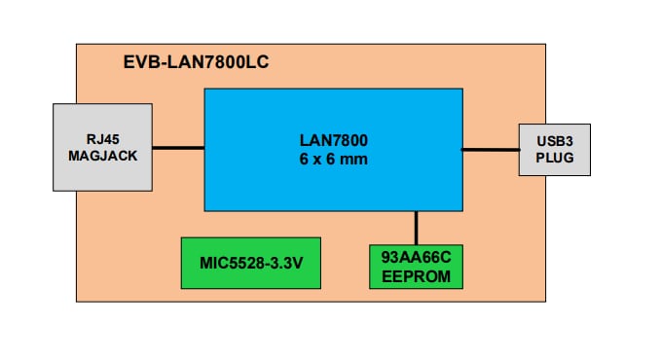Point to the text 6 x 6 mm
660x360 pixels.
pyautogui.click(x=333, y=159)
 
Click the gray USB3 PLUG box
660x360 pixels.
pyautogui.click(x=554, y=150)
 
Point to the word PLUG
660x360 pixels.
pyautogui.click(x=554, y=158)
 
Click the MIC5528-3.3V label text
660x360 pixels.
pyautogui.click(x=251, y=263)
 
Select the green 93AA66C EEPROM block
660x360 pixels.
pyautogui.click(x=417, y=265)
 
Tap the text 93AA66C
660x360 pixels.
pyautogui.click(x=417, y=257)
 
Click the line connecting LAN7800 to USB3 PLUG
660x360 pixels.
pyautogui.click(x=490, y=149)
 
